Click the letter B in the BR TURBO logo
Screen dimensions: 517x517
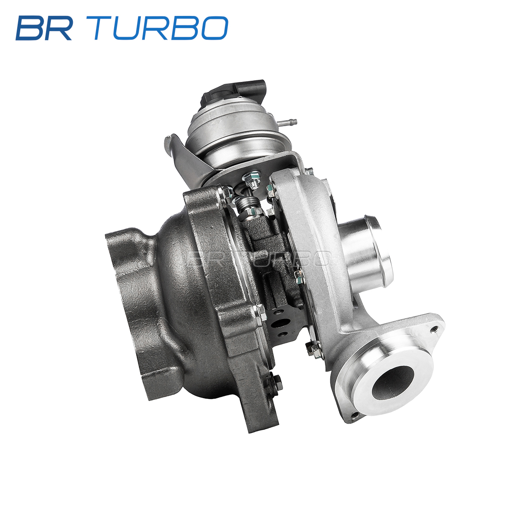tap(31, 28)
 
